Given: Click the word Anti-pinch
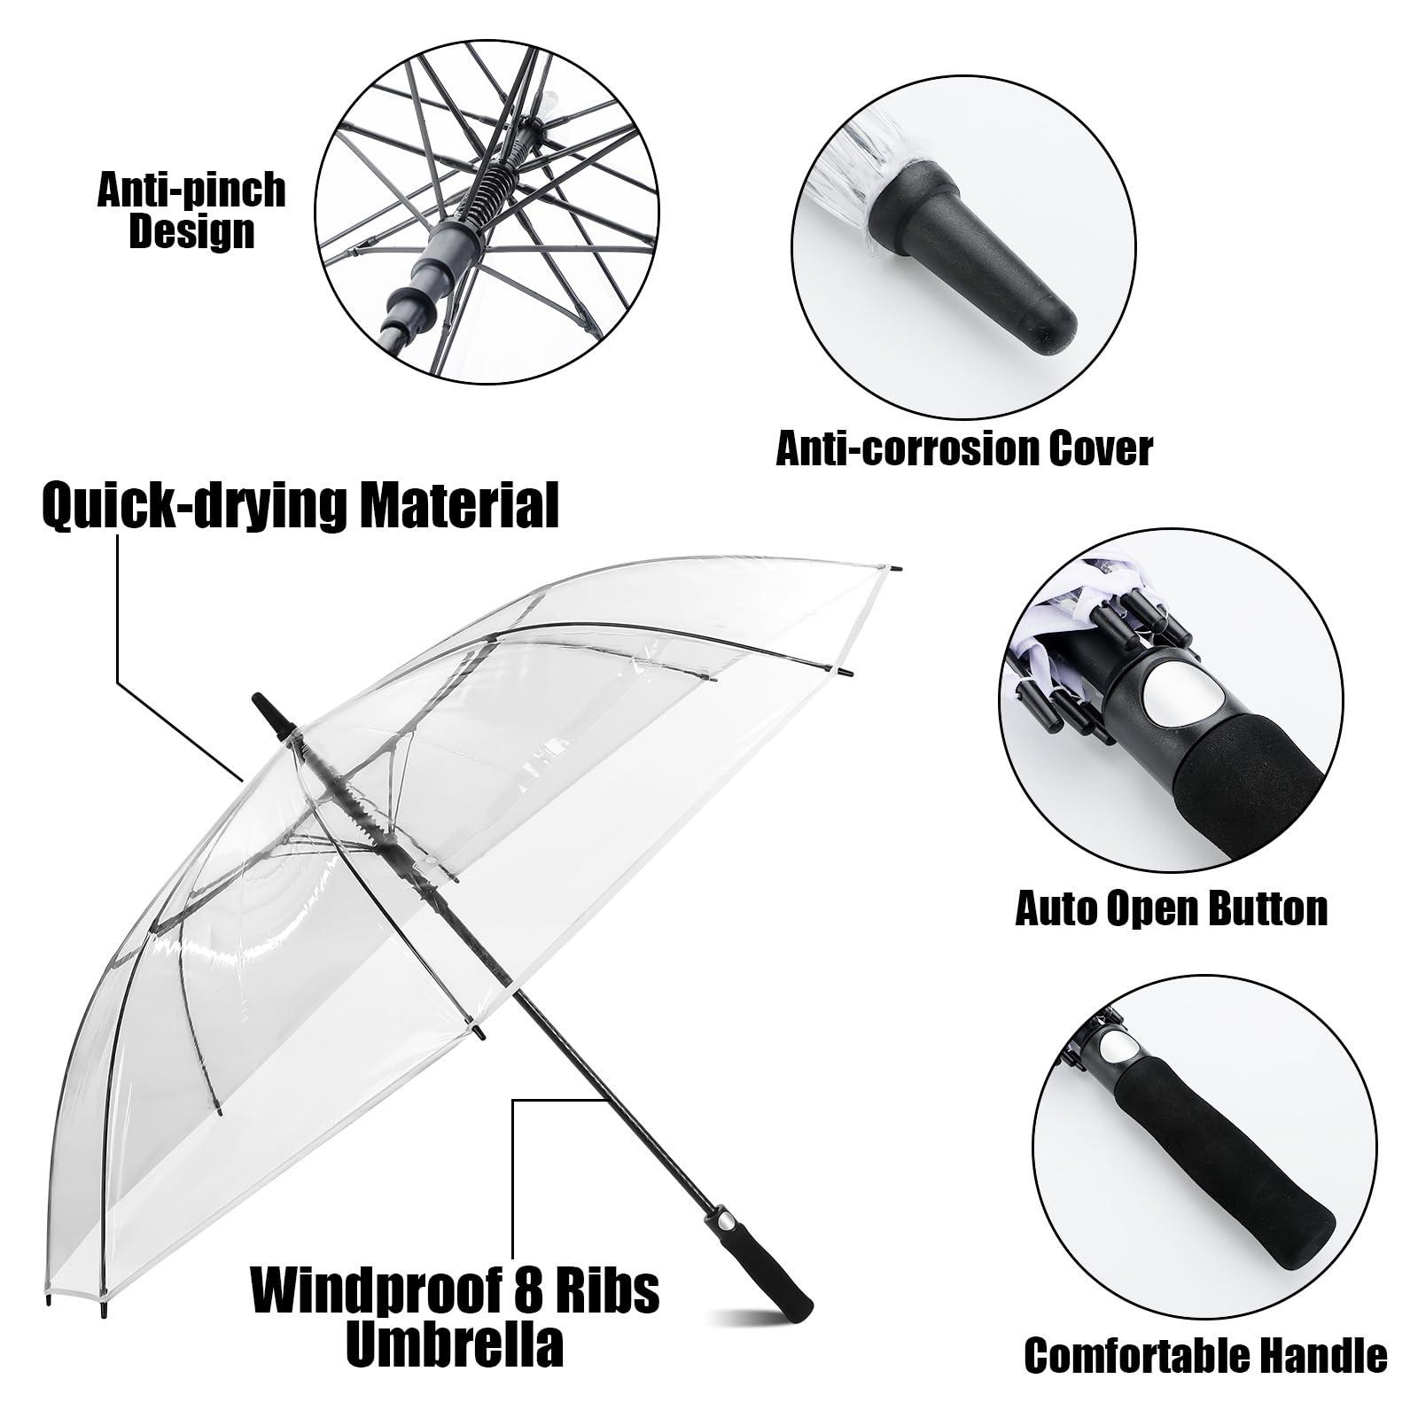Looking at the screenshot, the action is pyautogui.click(x=191, y=191).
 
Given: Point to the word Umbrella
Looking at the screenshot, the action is pyautogui.click(x=455, y=1344).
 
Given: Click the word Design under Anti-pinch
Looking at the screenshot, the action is pyautogui.click(x=191, y=232).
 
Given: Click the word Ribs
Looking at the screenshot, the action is pyautogui.click(x=604, y=1291).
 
